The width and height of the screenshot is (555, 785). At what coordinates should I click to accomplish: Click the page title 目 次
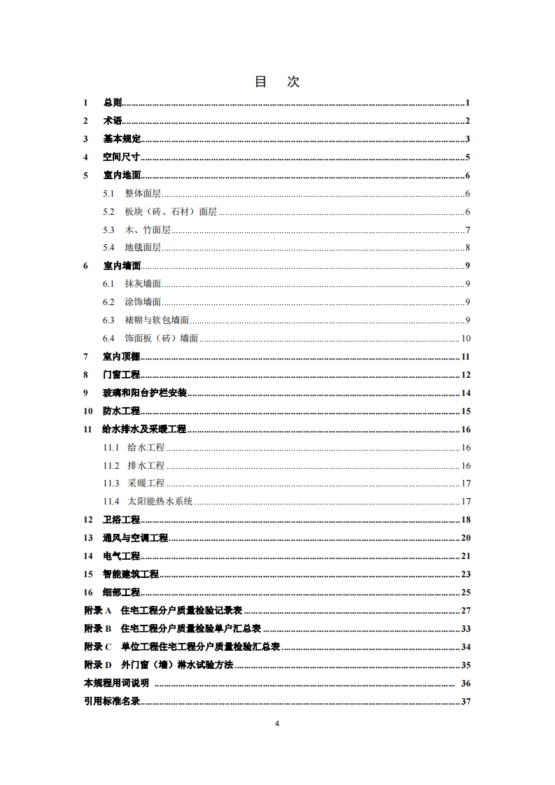point(277,82)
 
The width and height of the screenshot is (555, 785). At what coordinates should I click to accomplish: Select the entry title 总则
point(112,103)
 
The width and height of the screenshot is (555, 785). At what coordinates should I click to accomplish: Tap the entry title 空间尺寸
point(122,157)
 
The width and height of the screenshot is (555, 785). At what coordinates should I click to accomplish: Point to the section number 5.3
point(108,229)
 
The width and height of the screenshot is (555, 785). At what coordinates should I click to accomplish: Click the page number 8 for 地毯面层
point(467,248)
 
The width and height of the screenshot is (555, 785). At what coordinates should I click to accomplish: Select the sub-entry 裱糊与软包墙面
point(157,320)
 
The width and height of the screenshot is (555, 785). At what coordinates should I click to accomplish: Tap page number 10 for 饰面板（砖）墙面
point(465,339)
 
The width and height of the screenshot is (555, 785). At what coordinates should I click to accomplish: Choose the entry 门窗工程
point(122,375)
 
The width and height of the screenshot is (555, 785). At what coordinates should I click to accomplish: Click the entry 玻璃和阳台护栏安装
point(145,393)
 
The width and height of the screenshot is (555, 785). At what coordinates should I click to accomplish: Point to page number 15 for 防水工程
point(465,411)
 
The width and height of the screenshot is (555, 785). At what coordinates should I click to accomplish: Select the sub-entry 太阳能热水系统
point(160,502)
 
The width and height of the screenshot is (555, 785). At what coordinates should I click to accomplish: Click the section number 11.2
point(111,465)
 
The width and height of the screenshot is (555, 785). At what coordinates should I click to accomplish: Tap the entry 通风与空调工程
point(136,538)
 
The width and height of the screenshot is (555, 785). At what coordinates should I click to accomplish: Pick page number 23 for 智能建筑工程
point(465,574)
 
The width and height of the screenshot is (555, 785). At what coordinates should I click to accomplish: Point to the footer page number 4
point(277,723)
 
